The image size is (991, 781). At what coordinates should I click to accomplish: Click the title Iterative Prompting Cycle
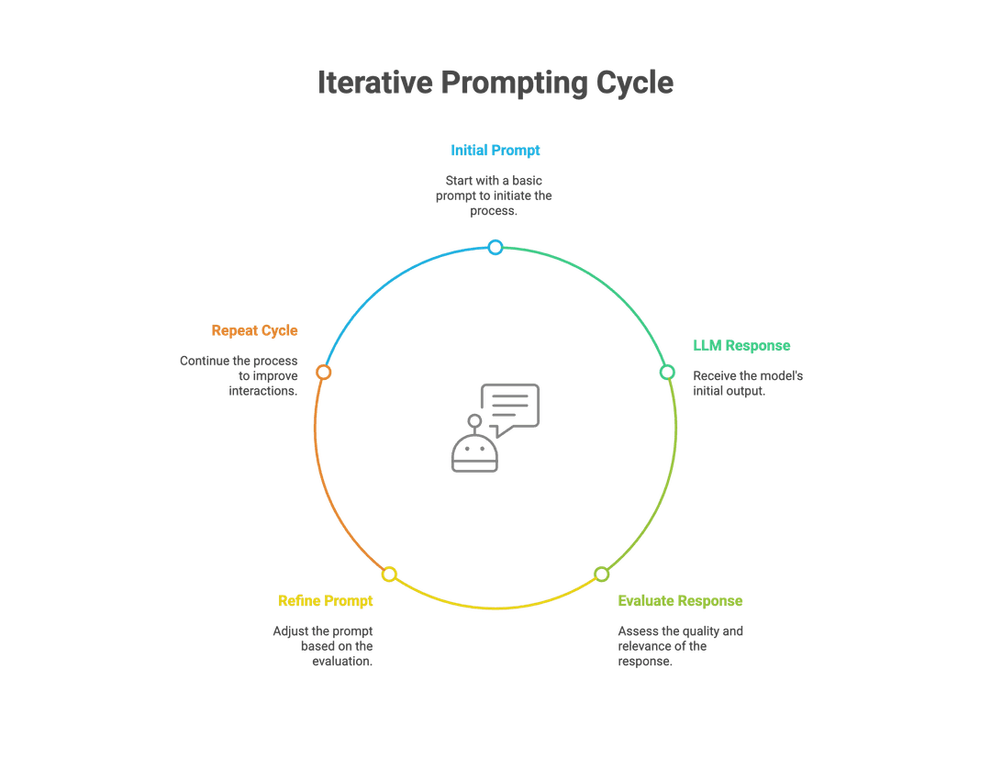[495, 83]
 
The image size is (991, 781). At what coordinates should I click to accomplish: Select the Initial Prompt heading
[495, 151]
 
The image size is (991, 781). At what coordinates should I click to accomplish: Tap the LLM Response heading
[741, 346]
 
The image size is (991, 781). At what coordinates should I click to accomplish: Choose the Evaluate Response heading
[680, 601]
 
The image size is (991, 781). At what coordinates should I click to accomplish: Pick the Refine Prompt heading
[326, 601]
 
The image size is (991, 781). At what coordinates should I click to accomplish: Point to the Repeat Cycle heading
[254, 330]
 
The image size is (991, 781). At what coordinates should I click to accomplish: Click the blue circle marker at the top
[495, 247]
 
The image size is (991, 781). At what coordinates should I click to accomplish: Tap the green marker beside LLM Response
[668, 372]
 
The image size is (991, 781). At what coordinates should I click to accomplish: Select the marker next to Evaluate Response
[601, 575]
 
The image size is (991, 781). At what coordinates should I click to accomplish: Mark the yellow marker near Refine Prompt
[389, 575]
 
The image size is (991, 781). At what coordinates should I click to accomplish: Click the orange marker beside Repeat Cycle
[323, 372]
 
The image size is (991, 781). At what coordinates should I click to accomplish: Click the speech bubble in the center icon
[510, 406]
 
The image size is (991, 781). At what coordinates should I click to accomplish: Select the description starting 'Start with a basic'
[494, 195]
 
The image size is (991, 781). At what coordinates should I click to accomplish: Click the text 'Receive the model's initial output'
[748, 384]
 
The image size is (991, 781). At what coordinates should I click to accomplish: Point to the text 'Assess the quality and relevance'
[680, 646]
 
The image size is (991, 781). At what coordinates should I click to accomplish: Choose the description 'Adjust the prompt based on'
[323, 646]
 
